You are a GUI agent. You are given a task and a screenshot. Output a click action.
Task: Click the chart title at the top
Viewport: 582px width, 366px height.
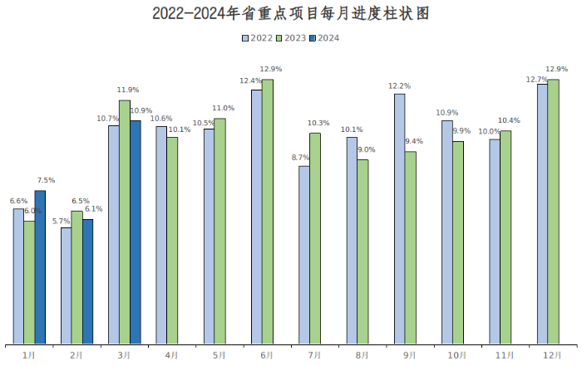pos(291,14)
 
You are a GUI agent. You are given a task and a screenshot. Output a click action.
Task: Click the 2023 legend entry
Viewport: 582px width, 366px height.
pos(291,38)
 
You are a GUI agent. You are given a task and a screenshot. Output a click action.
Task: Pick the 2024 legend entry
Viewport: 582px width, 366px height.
pos(324,38)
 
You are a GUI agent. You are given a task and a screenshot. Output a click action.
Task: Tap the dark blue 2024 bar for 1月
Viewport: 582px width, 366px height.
pos(40,266)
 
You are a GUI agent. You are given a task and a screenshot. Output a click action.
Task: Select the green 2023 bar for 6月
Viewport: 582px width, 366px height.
pos(267,211)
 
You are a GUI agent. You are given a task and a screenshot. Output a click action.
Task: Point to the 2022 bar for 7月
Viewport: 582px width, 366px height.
pos(304,254)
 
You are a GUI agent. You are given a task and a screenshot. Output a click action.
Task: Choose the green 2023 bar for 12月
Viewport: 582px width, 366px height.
pos(553,211)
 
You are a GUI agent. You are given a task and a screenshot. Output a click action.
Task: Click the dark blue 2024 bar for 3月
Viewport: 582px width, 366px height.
pos(136,232)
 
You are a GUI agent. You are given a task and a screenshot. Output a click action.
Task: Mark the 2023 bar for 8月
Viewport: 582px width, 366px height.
pos(363,251)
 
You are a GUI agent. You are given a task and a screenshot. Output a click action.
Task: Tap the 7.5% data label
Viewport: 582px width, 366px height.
pos(46,181)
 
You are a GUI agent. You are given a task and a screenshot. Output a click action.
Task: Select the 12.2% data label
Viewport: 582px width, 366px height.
pos(400,85)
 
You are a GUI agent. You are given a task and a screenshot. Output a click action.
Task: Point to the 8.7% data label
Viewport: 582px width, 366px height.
pos(300,157)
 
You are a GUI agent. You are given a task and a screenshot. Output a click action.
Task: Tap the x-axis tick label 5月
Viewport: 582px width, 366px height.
pos(219,355)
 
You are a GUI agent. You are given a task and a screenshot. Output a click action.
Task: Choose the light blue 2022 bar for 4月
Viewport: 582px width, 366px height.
pos(161,234)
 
